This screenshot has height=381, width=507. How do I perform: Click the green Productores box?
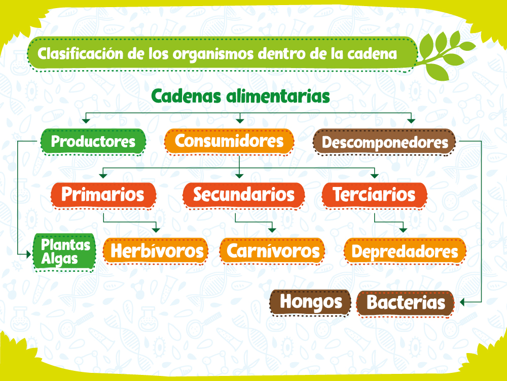[x=93, y=142]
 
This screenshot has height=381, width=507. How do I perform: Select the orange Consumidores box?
[x=229, y=141]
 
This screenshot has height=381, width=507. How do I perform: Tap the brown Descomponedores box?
[x=384, y=142]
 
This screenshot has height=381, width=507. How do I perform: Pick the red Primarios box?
[x=103, y=195]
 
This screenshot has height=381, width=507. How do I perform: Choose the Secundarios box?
[x=244, y=195]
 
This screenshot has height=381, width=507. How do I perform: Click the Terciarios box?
[x=375, y=195]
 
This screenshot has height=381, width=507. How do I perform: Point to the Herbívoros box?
[x=156, y=251]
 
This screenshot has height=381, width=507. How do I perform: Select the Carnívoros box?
[x=272, y=251]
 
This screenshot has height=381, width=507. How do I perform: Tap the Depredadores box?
[x=405, y=251]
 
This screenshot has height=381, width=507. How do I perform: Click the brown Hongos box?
[x=310, y=302]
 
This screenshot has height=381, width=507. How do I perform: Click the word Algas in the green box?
[x=59, y=260]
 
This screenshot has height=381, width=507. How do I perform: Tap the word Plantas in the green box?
[x=65, y=245]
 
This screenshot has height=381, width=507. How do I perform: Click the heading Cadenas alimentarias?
[x=240, y=96]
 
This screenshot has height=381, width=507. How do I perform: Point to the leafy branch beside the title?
[x=447, y=55]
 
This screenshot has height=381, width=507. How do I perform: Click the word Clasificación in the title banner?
[x=80, y=53]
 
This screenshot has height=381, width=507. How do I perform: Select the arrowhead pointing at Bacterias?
[x=463, y=302]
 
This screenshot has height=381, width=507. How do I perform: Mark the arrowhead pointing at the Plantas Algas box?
[x=28, y=255]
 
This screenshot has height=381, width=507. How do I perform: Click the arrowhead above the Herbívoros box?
[x=156, y=230]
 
